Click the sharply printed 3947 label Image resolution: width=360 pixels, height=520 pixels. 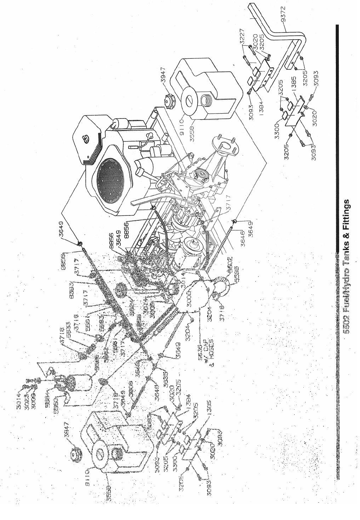tap(164, 76)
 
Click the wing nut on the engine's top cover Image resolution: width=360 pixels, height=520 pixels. tap(85, 139)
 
